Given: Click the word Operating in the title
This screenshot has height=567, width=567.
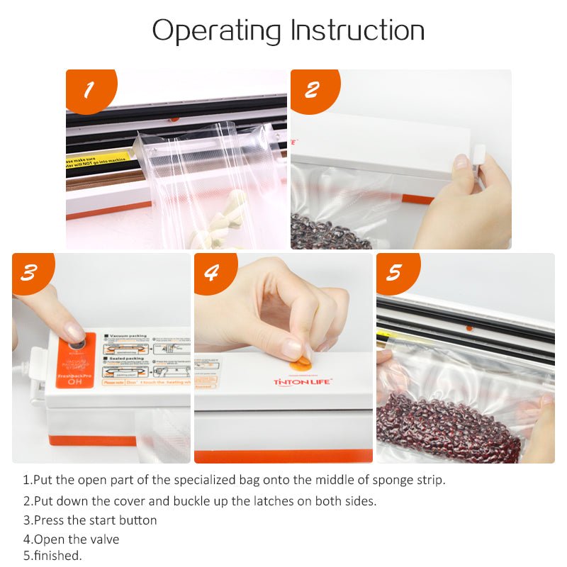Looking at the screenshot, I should pyautogui.click(x=217, y=30).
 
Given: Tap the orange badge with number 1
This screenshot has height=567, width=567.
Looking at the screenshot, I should pyautogui.click(x=89, y=90).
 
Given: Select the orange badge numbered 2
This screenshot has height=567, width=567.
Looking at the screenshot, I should pyautogui.click(x=313, y=90).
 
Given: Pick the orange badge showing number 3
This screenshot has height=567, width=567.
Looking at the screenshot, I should pyautogui.click(x=28, y=273).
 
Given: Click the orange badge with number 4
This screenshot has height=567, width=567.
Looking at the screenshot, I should pyautogui.click(x=211, y=273).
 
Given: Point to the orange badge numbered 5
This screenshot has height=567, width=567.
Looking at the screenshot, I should pyautogui.click(x=394, y=273).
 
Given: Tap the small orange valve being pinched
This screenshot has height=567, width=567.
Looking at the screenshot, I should pyautogui.click(x=301, y=363).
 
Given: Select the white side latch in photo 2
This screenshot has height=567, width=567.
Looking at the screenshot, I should pyautogui.click(x=479, y=157).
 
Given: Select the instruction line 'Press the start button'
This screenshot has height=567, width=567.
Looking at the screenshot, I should pyautogui.click(x=90, y=520).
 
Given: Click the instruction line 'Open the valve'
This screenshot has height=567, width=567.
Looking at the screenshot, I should pyautogui.click(x=71, y=539).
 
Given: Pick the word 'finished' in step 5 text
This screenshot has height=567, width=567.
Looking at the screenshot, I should pyautogui.click(x=57, y=556).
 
